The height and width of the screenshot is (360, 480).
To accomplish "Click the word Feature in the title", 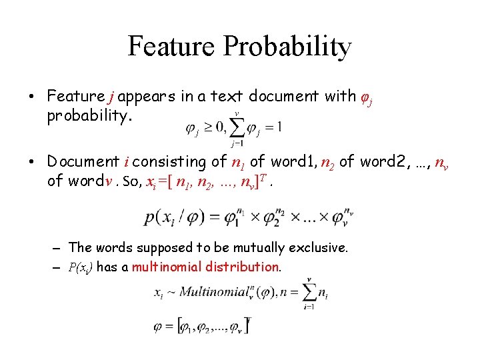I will (x=171, y=46).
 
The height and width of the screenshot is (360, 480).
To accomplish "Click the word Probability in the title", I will (x=287, y=46).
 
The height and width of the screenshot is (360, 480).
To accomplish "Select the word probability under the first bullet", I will (x=89, y=117).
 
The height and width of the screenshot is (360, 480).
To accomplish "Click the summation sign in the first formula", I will (x=236, y=126).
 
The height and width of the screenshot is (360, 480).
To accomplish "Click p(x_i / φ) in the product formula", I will (x=177, y=217).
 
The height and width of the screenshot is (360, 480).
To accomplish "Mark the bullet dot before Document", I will (x=33, y=161).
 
